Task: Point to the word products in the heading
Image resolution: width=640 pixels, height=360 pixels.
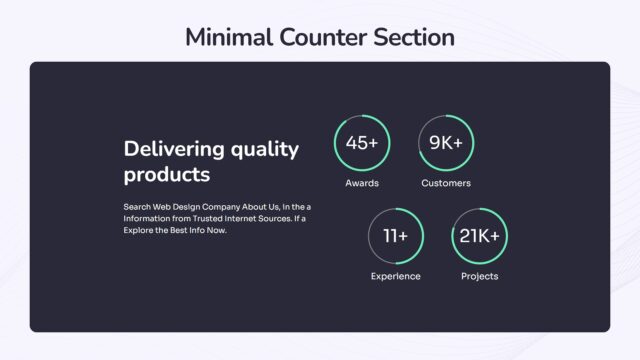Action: [167, 174]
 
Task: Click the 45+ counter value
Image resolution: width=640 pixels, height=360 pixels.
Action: [362, 143]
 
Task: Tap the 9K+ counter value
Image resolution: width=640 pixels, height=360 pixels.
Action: [446, 143]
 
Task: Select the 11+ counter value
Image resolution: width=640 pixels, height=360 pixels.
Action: [395, 236]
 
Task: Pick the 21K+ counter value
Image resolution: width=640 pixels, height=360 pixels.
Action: [480, 236]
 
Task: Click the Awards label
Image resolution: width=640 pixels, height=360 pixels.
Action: [362, 184]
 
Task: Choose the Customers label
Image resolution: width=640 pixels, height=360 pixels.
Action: [446, 184]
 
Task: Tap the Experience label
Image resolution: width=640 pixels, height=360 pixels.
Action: [395, 276]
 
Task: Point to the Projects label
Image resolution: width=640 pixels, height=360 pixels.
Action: [480, 276]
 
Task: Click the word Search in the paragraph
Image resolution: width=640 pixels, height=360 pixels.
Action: [138, 206]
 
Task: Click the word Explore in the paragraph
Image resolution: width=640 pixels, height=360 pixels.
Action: [139, 230]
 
